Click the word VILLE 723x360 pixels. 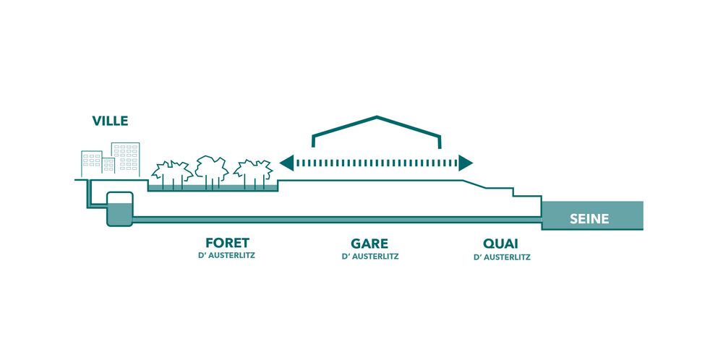[x=110, y=121]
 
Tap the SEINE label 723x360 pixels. [x=589, y=219]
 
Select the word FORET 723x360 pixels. [x=227, y=243]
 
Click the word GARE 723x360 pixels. [x=369, y=243]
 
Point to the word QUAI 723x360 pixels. [x=501, y=244]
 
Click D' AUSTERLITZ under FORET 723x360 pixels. [x=226, y=255]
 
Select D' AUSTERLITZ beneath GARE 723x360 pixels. [x=369, y=256]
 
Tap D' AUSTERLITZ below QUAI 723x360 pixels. [x=502, y=257]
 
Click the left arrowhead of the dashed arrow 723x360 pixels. [x=287, y=163]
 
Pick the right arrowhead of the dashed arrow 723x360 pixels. [x=466, y=163]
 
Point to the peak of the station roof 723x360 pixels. [x=377, y=117]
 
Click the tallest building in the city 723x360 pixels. [x=125, y=160]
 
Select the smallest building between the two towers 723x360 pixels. [x=109, y=166]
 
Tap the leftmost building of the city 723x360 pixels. [x=92, y=163]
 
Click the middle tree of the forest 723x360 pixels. [x=212, y=172]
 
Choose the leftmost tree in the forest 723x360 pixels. [x=172, y=175]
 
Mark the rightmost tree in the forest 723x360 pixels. [x=253, y=174]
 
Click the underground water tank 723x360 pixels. [x=120, y=209]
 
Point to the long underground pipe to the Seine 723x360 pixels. [x=337, y=220]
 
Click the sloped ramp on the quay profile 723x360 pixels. [x=474, y=184]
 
